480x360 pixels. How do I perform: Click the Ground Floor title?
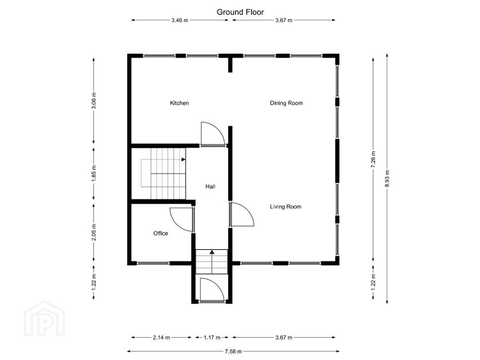(240, 11)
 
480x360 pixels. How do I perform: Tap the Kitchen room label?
(179, 103)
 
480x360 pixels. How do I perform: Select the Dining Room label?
(286, 103)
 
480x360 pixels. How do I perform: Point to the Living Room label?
(285, 207)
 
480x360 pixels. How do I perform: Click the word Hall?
(210, 186)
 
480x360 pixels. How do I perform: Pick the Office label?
(161, 233)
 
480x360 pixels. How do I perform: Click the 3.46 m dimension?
(180, 21)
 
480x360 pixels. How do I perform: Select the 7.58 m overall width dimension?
(233, 351)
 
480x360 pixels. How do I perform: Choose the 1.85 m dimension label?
(94, 173)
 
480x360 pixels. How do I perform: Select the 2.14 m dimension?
(162, 338)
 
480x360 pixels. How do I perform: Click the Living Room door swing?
(241, 215)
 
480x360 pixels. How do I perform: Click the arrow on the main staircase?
(183, 160)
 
